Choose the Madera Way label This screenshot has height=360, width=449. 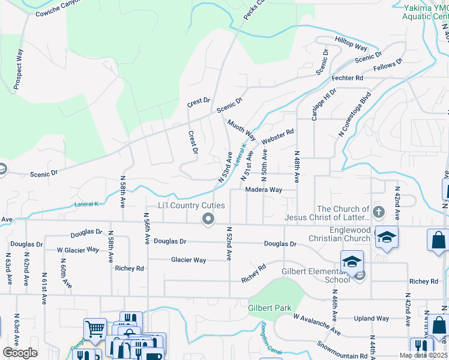pos(264,190)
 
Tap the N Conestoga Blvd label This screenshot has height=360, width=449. pos(355,114)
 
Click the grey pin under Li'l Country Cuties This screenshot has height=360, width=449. pos(208,220)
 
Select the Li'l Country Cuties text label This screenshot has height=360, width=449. pos(191,206)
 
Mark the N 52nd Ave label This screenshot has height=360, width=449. pos(229,243)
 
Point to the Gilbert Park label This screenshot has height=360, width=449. pos(270,308)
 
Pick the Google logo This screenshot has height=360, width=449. pos(20,353)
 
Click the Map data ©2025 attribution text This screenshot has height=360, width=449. pos(423,355)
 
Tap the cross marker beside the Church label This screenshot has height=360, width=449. pos(378,212)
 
